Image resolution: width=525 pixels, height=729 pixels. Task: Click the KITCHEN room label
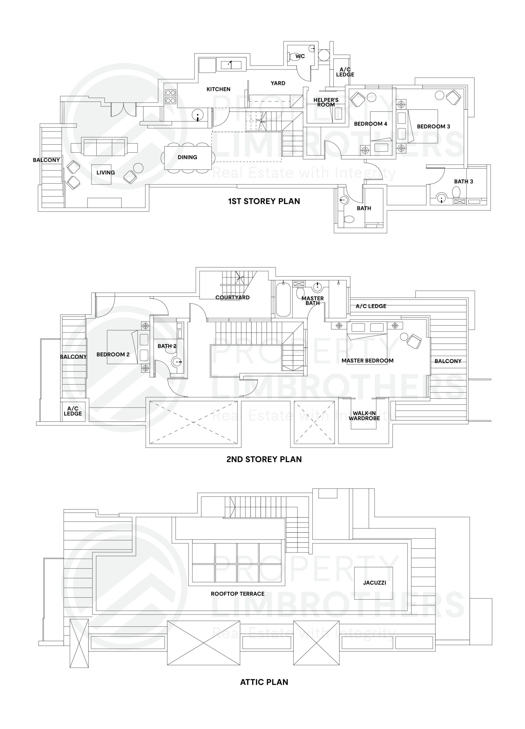tap(218, 89)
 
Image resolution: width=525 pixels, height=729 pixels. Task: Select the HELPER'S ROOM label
tap(326, 102)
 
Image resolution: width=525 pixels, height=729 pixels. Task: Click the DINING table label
tap(187, 157)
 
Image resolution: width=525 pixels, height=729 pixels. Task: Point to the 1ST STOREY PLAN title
tap(264, 201)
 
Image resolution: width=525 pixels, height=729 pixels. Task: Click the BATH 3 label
tap(463, 181)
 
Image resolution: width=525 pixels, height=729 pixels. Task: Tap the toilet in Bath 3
tap(456, 193)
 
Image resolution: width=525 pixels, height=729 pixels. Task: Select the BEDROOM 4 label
tap(370, 124)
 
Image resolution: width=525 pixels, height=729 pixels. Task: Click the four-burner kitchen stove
tap(170, 97)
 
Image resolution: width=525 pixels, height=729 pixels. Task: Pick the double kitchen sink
tap(231, 65)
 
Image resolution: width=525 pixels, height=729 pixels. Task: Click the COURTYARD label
tap(232, 297)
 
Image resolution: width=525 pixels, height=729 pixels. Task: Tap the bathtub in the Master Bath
tap(283, 299)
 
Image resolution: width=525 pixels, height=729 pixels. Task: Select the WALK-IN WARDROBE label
tap(364, 415)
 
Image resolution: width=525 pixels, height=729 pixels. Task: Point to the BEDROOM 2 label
tap(113, 354)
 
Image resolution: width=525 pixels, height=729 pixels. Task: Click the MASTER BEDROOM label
tap(367, 360)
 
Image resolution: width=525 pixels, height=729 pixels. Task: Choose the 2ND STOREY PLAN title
tap(264, 459)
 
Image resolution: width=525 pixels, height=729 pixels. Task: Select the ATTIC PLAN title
tap(264, 682)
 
